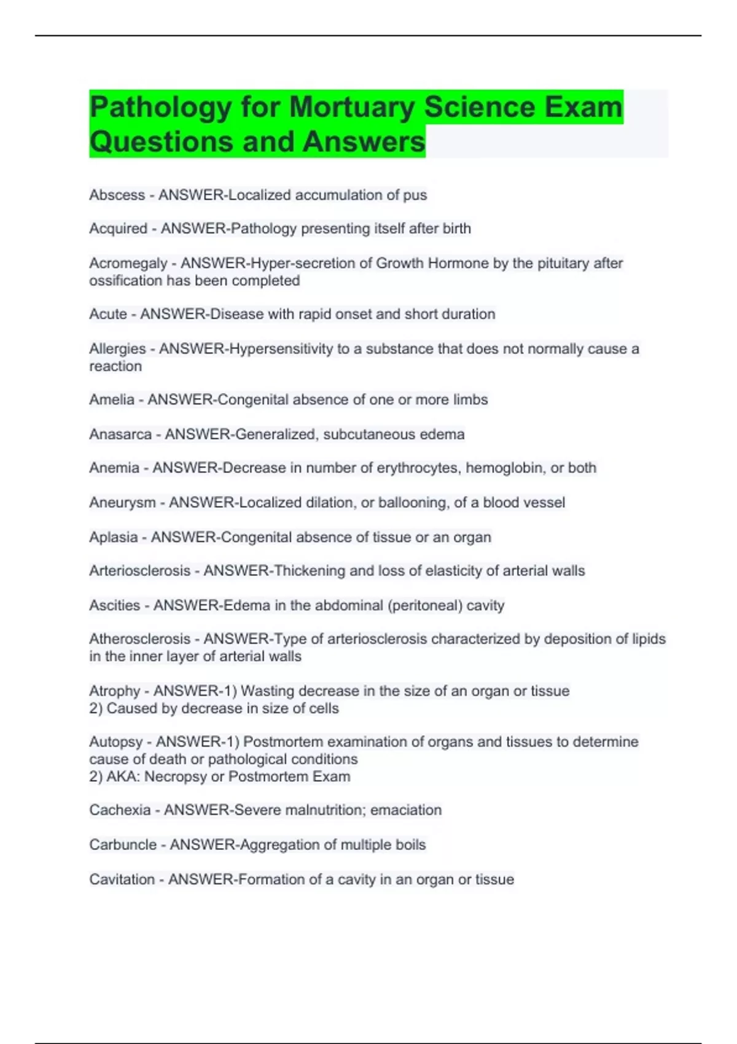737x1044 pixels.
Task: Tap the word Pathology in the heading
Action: click(160, 107)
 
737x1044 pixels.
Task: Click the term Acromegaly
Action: click(128, 263)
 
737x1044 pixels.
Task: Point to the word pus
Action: click(415, 195)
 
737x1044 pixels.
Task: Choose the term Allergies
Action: click(117, 349)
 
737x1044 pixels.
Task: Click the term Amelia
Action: click(111, 400)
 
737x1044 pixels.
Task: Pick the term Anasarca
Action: click(120, 434)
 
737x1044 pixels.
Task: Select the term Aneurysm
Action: click(122, 502)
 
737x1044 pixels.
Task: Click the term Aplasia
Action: click(113, 537)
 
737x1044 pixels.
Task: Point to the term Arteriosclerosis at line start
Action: click(139, 571)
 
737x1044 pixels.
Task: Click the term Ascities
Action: click(114, 606)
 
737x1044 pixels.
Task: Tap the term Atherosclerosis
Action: click(139, 639)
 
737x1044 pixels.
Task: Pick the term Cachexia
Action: click(120, 810)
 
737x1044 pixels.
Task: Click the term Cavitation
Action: click(122, 879)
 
